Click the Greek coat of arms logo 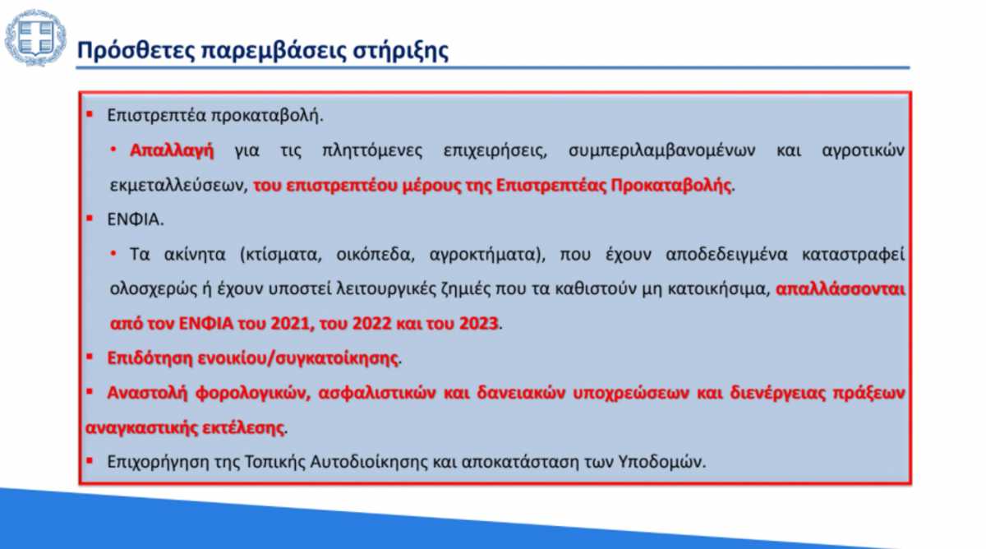coord(35,38)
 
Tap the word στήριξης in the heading coord(401,51)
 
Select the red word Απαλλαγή coord(172,150)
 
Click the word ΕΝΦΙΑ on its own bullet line coord(135,219)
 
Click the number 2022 coord(371,324)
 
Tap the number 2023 coord(478,324)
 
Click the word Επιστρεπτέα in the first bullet coord(157,116)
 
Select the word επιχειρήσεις coord(495,151)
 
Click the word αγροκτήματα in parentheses coord(484,255)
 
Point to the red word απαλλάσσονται coord(840,289)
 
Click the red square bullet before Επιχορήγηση coord(90,461)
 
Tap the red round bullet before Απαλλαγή coord(113,150)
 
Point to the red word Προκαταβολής coord(670,186)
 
